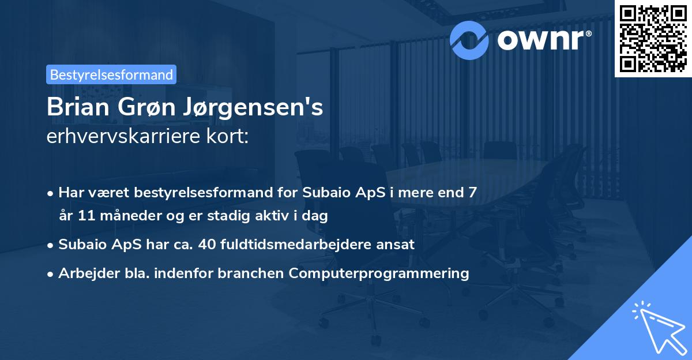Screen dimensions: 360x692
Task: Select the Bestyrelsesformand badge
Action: (x=111, y=74)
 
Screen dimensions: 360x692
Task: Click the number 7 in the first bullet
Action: (x=473, y=192)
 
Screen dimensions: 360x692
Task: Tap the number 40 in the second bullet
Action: (x=206, y=245)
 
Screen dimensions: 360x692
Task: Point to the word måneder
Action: (x=127, y=216)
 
